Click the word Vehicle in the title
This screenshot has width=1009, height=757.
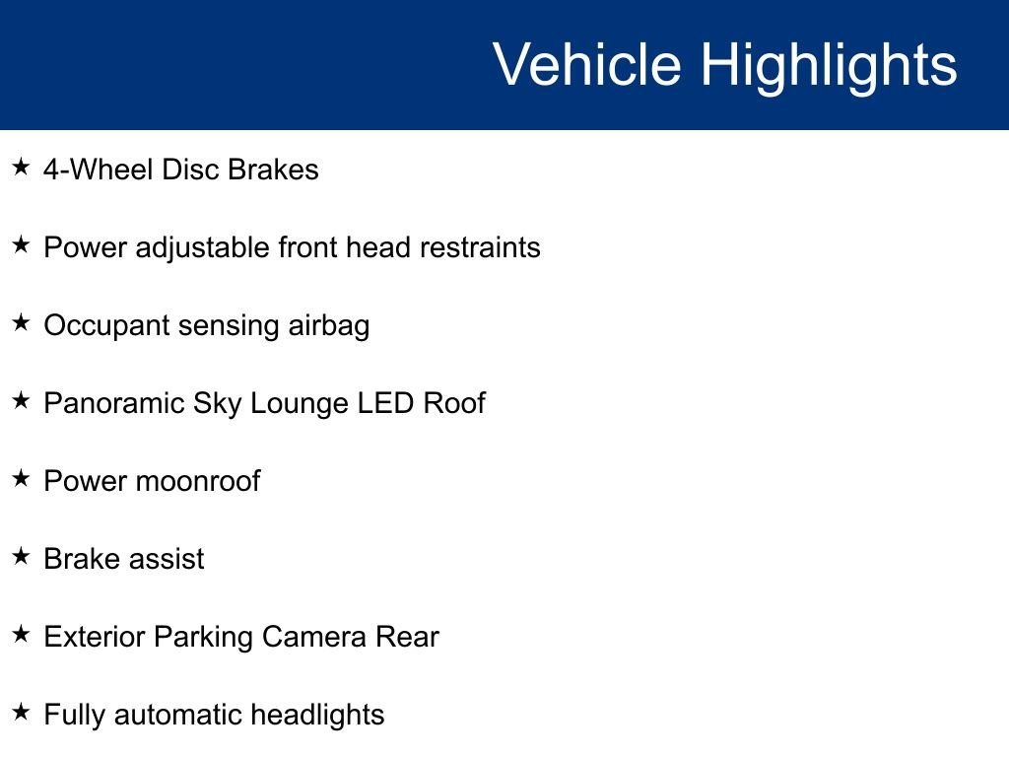coord(587,64)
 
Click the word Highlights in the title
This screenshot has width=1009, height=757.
coord(829,68)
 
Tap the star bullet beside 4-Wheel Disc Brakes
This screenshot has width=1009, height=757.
coord(22,167)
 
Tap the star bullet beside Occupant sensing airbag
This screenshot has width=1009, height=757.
coord(22,322)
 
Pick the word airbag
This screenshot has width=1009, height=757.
coord(329,326)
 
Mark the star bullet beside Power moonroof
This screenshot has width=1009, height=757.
coord(22,478)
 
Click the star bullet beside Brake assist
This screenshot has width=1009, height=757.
coord(22,556)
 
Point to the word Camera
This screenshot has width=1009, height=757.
coord(314,638)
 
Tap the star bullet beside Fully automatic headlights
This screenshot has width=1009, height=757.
coord(22,712)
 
